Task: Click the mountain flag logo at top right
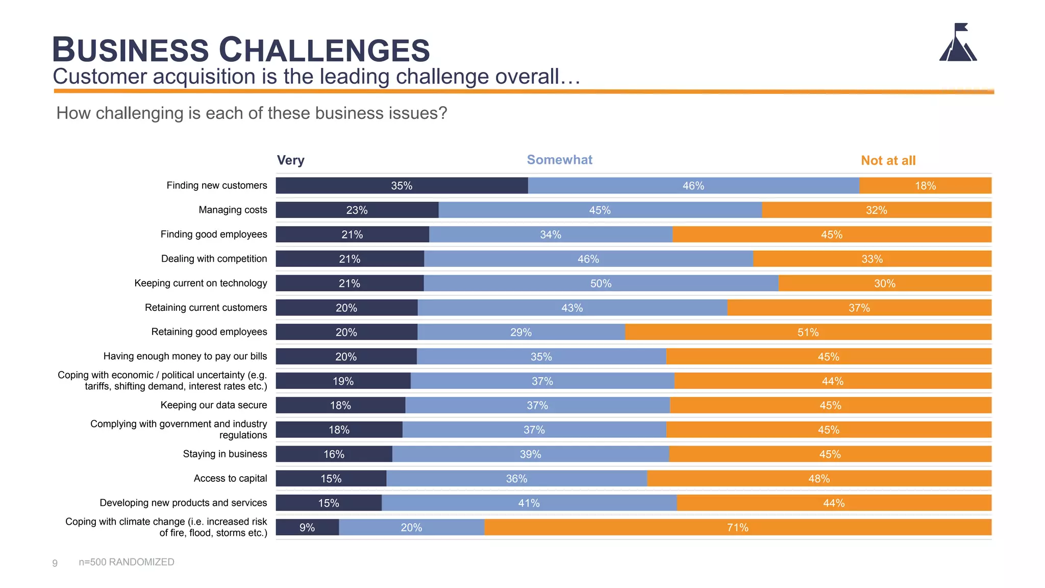(958, 43)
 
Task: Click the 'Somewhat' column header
(559, 160)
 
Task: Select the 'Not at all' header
(888, 160)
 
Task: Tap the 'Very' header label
(290, 160)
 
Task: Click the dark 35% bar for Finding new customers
(402, 186)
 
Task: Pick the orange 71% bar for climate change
(737, 527)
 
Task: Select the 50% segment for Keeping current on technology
(601, 283)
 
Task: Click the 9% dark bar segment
(307, 527)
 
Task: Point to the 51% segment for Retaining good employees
(808, 332)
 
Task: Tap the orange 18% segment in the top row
(925, 186)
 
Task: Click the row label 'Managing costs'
(233, 210)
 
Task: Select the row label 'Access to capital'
(230, 478)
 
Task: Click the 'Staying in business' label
(225, 454)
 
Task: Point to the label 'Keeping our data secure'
(213, 405)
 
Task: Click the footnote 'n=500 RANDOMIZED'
(127, 562)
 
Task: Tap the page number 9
(55, 563)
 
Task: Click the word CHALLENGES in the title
(325, 50)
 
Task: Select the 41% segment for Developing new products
(529, 503)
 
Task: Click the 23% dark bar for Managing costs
(357, 210)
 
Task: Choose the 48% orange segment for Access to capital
(818, 478)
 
